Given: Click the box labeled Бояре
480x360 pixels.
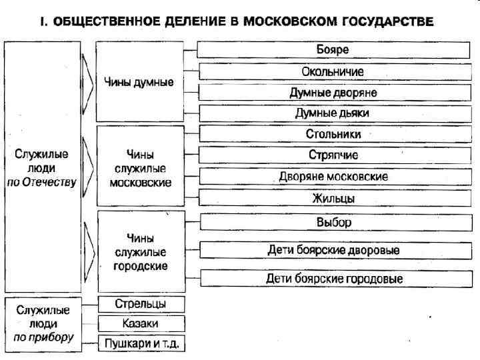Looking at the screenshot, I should pyautogui.click(x=332, y=50).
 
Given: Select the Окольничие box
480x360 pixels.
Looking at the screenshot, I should pyautogui.click(x=332, y=71).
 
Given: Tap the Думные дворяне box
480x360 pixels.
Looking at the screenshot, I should pyautogui.click(x=332, y=93).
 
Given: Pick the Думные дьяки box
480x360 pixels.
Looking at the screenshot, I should pyautogui.click(x=332, y=113).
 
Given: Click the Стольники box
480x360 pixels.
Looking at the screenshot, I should pyautogui.click(x=332, y=134).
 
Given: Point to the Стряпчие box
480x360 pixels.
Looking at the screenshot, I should pyautogui.click(x=332, y=155).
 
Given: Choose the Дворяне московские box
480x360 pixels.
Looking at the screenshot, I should pyautogui.click(x=332, y=177).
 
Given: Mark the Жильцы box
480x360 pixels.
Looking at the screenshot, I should pyautogui.click(x=332, y=198).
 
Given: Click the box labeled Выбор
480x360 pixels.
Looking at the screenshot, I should pyautogui.click(x=332, y=222).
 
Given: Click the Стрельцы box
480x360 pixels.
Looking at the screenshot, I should pyautogui.click(x=141, y=304).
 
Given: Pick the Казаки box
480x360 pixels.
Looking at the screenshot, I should pyautogui.click(x=141, y=324).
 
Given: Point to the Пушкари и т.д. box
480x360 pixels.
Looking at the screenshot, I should pyautogui.click(x=141, y=344).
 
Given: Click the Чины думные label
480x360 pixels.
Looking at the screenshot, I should pyautogui.click(x=139, y=83).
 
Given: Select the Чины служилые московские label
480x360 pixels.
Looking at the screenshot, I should pyautogui.click(x=140, y=169).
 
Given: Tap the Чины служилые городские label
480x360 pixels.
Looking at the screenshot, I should pyautogui.click(x=140, y=252).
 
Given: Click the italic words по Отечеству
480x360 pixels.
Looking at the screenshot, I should pyautogui.click(x=42, y=181).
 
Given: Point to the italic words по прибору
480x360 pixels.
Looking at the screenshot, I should pyautogui.click(x=43, y=337).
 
